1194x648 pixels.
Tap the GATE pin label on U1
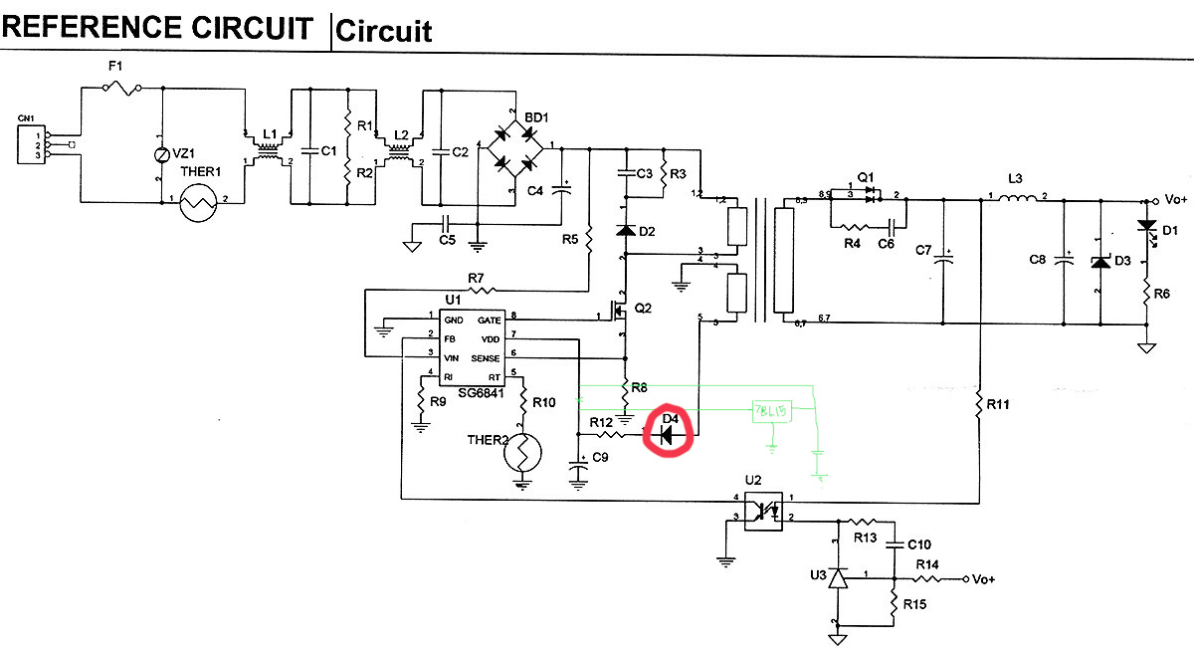point(489,320)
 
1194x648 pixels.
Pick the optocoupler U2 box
point(764,510)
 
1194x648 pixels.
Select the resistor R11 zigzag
point(980,404)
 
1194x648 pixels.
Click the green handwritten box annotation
point(773,412)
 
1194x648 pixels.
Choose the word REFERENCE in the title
point(90,28)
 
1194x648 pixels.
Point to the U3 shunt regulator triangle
point(838,577)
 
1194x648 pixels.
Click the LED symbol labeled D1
point(1146,228)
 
